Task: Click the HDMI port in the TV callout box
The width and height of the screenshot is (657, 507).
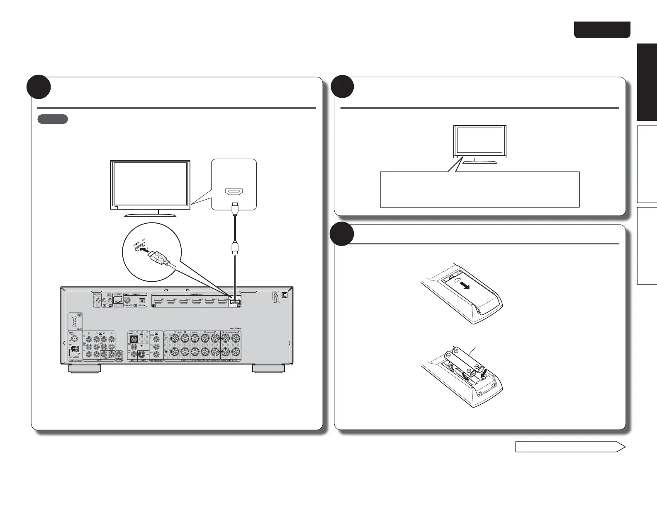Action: [x=234, y=192]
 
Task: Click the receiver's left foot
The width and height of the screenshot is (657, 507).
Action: [x=85, y=369]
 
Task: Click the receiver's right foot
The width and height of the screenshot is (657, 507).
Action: [x=269, y=369]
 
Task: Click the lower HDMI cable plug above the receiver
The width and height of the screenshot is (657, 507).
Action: [x=235, y=249]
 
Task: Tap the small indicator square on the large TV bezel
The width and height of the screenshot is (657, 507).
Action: [x=117, y=208]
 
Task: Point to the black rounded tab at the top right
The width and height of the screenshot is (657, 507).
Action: [x=602, y=30]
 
